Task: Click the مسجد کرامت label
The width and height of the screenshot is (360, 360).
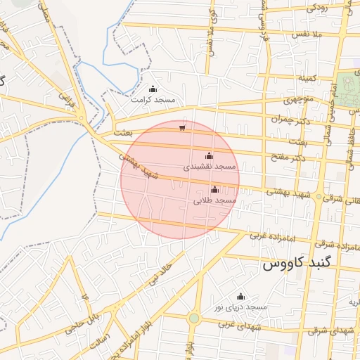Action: (x=153, y=100)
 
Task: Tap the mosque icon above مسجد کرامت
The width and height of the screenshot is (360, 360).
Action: (x=153, y=89)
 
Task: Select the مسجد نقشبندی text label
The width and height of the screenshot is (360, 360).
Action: (x=209, y=167)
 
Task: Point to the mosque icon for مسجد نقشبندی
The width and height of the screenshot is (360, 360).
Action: (x=208, y=155)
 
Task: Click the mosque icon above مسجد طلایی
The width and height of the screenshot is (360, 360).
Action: (x=214, y=189)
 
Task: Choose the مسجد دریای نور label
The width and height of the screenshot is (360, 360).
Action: (x=241, y=307)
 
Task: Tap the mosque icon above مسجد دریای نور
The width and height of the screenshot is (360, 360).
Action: (x=241, y=296)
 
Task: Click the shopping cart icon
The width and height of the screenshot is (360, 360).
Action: (x=182, y=128)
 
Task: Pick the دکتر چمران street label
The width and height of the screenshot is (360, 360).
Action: (x=288, y=119)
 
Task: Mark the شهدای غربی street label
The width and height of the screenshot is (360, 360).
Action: (x=235, y=324)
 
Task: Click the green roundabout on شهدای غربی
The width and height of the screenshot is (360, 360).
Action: (x=193, y=319)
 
